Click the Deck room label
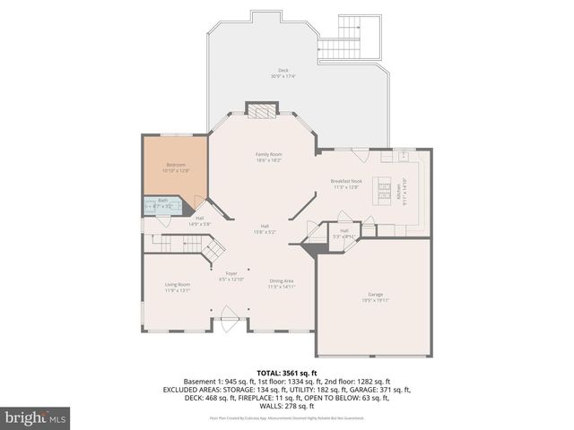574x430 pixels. coord(283,69)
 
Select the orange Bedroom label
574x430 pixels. coord(177,165)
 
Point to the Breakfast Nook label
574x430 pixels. coord(345,182)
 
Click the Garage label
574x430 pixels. coord(375,294)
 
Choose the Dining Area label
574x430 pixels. coord(283,281)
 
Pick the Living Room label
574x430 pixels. coord(178,284)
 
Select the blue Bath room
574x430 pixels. coord(163,204)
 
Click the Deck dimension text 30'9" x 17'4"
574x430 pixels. coord(283,76)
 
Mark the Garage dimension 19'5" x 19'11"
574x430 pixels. coord(375,300)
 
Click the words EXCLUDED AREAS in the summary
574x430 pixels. coord(193,390)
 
